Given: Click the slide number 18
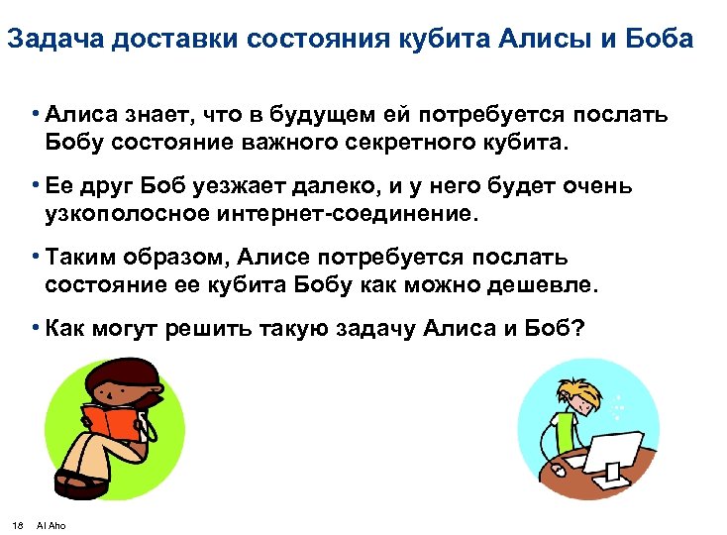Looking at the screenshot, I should point(18,524).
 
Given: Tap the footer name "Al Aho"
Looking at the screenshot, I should point(51,524).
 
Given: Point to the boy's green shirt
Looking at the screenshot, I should point(564,429).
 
